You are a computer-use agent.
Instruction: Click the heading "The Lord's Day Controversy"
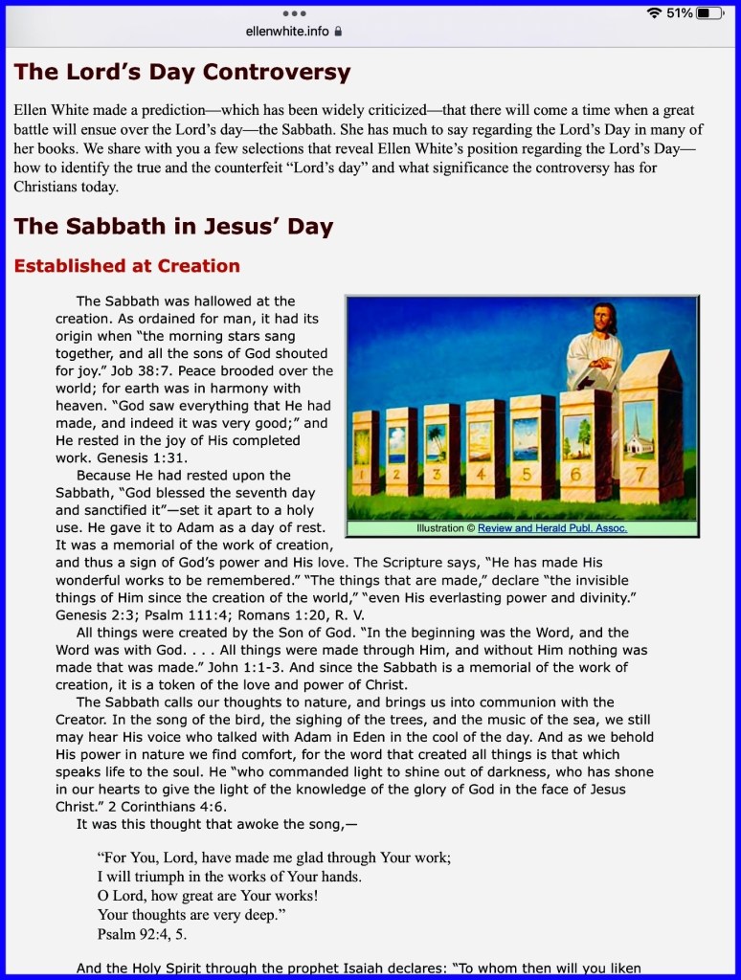[182, 72]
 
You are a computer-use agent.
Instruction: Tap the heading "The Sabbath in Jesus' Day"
[173, 227]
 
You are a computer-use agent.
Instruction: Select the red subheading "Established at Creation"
[126, 266]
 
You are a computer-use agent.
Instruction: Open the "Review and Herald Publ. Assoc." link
[552, 528]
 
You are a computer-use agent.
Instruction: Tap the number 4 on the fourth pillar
[480, 473]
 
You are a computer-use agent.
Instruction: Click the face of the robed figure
[602, 319]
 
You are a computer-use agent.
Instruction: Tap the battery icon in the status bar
[709, 13]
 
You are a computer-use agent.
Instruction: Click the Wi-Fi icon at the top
[655, 13]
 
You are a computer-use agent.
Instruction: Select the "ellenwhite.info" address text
[287, 32]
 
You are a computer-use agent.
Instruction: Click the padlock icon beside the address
[338, 32]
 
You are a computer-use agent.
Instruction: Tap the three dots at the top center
[295, 13]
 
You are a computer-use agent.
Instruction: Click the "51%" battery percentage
[680, 13]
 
